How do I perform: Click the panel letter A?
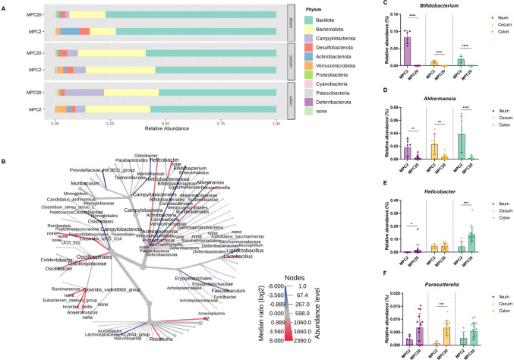(5, 4)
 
